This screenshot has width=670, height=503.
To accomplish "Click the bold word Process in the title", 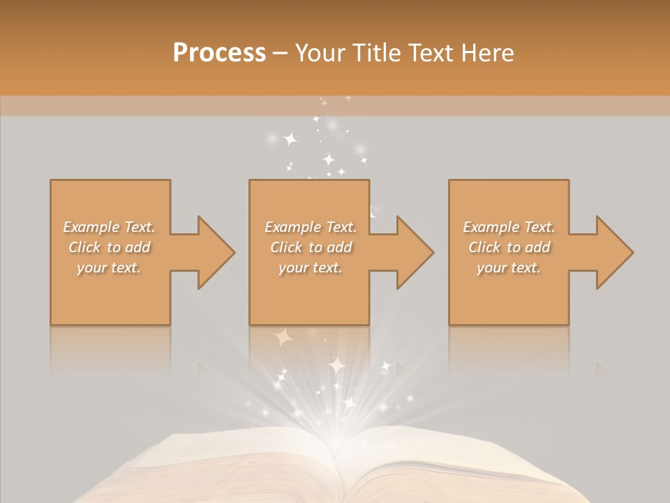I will coord(219,53).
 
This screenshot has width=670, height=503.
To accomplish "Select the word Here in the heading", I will coord(488,53).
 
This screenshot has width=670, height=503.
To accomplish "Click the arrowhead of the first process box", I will coord(214,252).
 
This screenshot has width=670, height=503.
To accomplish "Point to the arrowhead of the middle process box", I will coord(413,252).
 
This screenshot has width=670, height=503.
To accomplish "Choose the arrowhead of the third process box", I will coord(613,252).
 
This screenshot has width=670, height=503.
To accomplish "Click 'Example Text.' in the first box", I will coord(109,227).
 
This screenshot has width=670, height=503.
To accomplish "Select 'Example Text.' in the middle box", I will coord(311,227).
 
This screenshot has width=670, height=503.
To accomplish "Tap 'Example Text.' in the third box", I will coord(509,227).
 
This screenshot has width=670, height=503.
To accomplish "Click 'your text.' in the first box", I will coord(109,268).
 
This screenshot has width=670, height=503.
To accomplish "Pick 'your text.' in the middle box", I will coord(311,268).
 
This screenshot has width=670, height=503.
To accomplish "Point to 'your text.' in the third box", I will coord(509,268).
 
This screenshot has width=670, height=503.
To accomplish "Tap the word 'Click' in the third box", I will coord(485,247).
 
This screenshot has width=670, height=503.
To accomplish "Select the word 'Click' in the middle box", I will coord(287,247).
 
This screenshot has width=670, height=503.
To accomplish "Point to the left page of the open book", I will coord(230,468).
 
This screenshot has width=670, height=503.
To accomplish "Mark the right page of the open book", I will coord(447,468).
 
